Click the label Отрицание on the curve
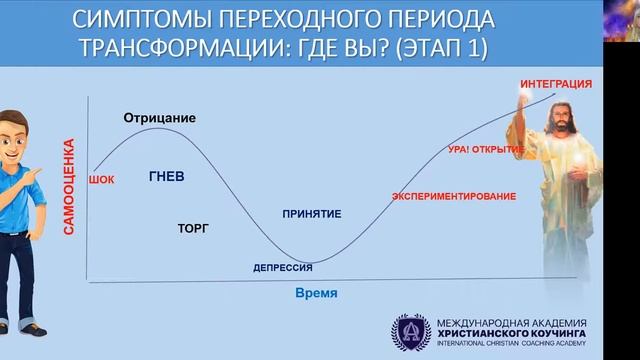(x=159, y=118)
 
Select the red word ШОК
(x=102, y=179)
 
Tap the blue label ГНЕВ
(x=166, y=176)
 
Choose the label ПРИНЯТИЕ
(x=312, y=213)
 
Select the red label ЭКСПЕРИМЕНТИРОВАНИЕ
(x=454, y=196)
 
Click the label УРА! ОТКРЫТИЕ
(x=486, y=149)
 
